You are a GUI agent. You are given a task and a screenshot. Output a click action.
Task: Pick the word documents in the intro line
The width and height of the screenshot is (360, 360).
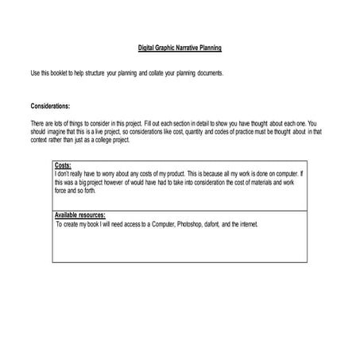tap(208, 73)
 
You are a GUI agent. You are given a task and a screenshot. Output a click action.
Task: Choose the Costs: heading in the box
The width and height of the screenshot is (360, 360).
tap(63, 165)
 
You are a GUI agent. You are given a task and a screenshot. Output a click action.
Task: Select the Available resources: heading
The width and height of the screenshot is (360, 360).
tap(79, 215)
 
